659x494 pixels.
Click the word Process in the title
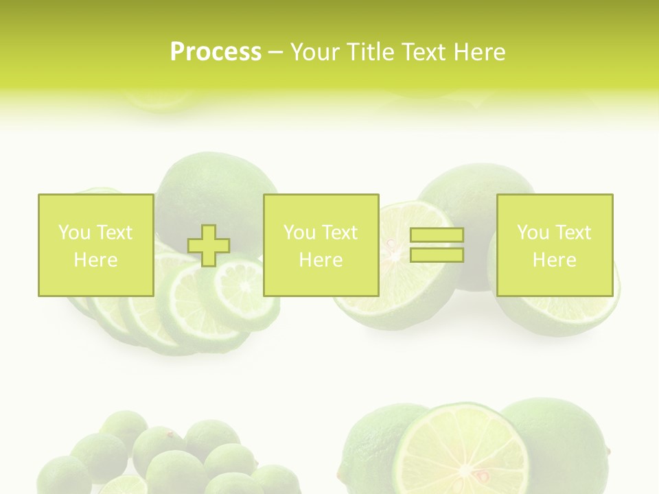216,52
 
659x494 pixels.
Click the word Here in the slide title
478,52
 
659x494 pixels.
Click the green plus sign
209,246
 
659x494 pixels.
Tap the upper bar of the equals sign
437,235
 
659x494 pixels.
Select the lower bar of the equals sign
437,255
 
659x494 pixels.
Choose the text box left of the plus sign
96,245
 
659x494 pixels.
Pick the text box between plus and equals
321,245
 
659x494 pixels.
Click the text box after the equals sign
555,245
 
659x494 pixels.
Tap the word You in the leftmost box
73,233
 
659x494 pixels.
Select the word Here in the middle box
321,260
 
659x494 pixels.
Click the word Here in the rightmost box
555,260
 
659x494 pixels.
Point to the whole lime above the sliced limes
213,185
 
